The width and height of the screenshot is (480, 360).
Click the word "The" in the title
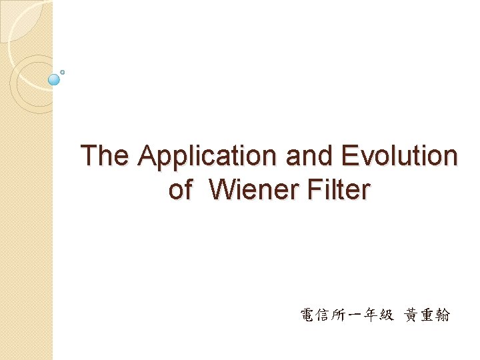click(104, 156)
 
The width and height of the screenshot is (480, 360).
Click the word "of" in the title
click(180, 189)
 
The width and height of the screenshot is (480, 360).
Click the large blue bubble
click(55, 79)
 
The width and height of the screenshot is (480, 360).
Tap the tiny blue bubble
click(62, 71)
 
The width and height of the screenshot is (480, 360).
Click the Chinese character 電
click(309, 315)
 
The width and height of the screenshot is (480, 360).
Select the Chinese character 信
click(325, 315)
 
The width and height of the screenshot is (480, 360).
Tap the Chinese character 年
click(371, 315)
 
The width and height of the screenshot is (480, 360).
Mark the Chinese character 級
click(387, 315)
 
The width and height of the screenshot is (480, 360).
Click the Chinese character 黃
click(412, 315)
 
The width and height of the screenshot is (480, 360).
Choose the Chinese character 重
click(428, 315)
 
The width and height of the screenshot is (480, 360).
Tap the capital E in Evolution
click(349, 156)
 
